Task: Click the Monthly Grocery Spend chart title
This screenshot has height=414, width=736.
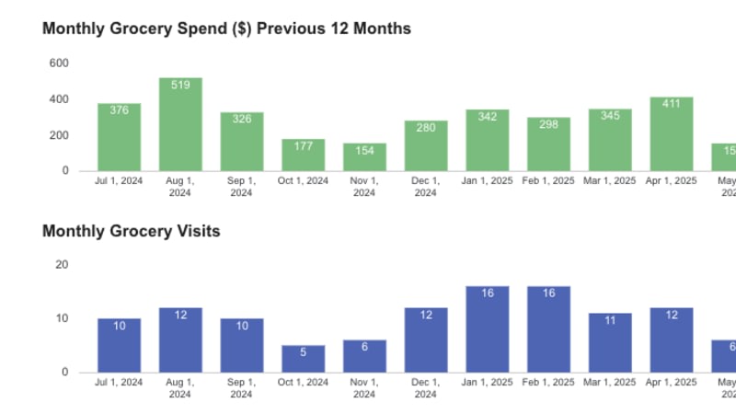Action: pyautogui.click(x=226, y=29)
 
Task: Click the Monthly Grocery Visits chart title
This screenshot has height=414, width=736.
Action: pyautogui.click(x=132, y=231)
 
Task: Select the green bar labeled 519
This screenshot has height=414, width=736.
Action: pyautogui.click(x=180, y=124)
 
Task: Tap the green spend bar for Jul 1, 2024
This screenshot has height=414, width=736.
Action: pyautogui.click(x=120, y=137)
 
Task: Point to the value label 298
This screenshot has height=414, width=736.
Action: pyautogui.click(x=548, y=125)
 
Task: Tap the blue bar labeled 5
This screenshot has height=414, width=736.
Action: pyautogui.click(x=304, y=359)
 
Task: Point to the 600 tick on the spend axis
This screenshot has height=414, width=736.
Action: pyautogui.click(x=59, y=63)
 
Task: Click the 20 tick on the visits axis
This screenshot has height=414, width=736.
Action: pyautogui.click(x=63, y=265)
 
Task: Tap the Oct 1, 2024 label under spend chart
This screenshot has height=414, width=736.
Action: pyautogui.click(x=304, y=181)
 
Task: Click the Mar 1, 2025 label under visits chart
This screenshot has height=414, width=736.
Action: pyautogui.click(x=610, y=383)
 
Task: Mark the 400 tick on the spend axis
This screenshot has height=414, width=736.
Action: pyautogui.click(x=59, y=99)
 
